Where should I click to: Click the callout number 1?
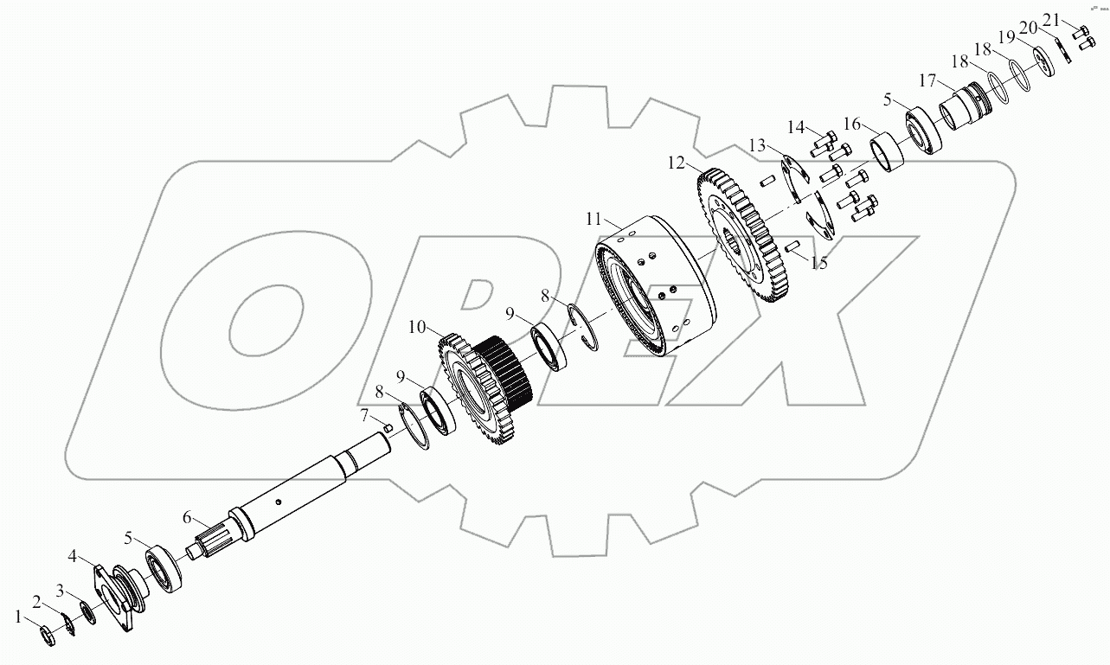(x=19, y=616)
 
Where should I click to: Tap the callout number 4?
(x=74, y=555)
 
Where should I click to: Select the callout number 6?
(x=186, y=517)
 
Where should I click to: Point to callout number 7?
(x=365, y=414)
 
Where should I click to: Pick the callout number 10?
(x=418, y=327)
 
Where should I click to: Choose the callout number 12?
(x=676, y=162)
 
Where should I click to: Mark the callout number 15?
(x=818, y=263)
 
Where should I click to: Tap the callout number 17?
(x=927, y=80)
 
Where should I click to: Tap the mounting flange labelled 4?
(x=121, y=597)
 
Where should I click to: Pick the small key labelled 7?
(x=390, y=426)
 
